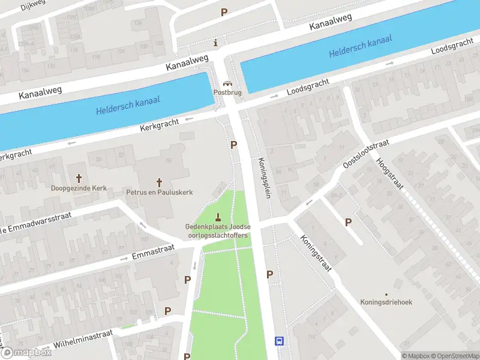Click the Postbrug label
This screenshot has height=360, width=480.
(227, 93)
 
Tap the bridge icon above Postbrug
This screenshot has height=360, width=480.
(227, 84)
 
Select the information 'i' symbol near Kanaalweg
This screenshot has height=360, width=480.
(216, 43)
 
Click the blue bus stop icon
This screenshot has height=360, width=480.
(279, 341)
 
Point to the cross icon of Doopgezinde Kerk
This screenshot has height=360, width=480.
(79, 178)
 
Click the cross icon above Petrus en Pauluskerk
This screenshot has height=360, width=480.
(160, 182)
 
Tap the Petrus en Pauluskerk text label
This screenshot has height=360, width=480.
(160, 193)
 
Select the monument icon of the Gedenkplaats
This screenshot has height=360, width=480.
(217, 217)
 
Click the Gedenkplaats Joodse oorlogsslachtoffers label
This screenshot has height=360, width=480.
(217, 230)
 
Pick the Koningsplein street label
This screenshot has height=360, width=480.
(264, 179)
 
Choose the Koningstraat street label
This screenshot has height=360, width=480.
(316, 253)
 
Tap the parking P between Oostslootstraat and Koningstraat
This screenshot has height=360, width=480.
(348, 223)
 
